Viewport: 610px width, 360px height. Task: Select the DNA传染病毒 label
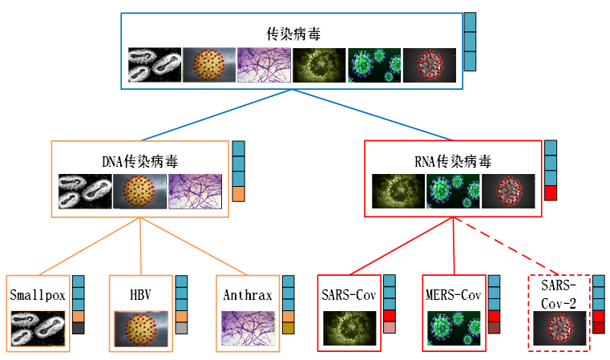140,161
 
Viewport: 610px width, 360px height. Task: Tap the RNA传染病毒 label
453,161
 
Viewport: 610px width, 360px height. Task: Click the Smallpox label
38,294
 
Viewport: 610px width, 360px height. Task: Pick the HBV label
141,294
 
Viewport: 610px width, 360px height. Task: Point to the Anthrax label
248,294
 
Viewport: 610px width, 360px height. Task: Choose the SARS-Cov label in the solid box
349,294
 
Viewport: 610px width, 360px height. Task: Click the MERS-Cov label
453,294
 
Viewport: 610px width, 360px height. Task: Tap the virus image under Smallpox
38,328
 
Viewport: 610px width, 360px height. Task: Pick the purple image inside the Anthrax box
248,328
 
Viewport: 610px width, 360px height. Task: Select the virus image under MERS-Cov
453,328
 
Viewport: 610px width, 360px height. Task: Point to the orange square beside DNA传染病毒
238,194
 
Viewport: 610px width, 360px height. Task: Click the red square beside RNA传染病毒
551,193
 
